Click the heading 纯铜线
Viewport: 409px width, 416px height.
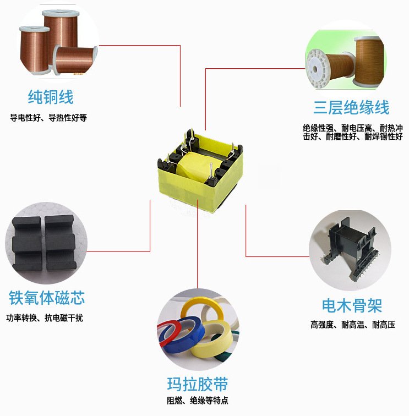click(x=51, y=97)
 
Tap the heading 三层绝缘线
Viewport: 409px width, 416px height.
click(x=351, y=107)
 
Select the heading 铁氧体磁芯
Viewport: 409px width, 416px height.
click(x=47, y=298)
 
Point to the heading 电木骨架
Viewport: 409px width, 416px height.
click(x=352, y=305)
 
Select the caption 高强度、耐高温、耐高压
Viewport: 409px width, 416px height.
click(x=352, y=325)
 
